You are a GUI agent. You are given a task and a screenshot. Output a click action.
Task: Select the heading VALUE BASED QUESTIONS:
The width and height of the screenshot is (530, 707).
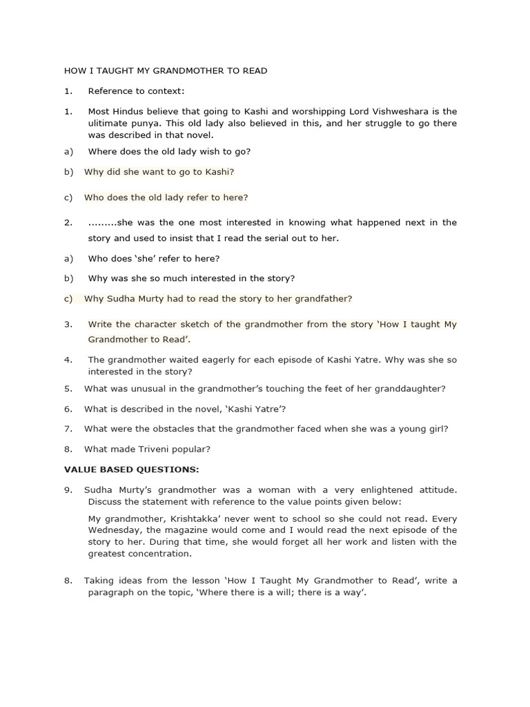[131, 469]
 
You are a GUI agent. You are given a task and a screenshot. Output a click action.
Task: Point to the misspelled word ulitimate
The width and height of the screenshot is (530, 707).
[109, 123]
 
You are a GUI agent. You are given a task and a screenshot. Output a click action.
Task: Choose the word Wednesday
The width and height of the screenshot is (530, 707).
[115, 530]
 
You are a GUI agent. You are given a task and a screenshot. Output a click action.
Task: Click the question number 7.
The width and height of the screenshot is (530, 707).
[68, 429]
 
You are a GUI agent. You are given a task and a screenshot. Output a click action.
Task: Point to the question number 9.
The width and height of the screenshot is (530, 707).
[68, 490]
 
